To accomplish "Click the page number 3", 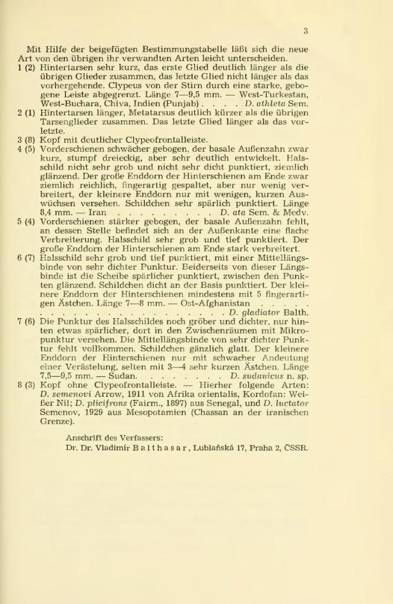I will pos(306,31).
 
